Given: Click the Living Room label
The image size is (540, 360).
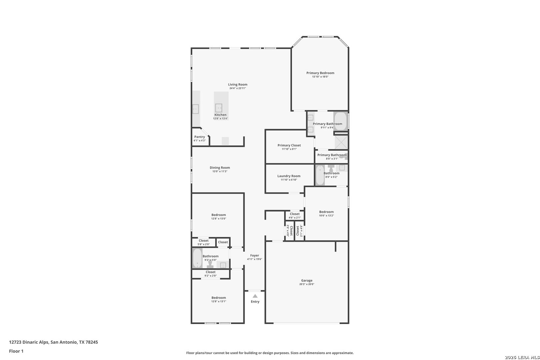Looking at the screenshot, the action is (238, 84).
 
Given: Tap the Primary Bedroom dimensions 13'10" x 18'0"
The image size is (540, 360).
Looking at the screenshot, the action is (320, 77).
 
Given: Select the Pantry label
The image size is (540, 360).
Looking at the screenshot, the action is (200, 137).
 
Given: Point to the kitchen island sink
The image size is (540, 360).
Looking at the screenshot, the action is (219, 108).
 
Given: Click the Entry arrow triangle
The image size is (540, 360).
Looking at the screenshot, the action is (255, 296).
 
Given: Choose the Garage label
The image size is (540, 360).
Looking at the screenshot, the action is (307, 280).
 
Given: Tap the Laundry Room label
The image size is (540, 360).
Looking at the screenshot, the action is (289, 176).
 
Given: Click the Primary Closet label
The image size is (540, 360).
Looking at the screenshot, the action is (289, 145).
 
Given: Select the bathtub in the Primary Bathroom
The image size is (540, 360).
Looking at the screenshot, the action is (341, 121).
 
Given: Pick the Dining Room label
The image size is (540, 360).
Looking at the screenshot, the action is (220, 168).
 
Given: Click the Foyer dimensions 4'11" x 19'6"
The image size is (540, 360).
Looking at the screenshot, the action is (255, 259).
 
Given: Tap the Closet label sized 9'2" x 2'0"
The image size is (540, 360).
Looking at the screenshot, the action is (210, 272).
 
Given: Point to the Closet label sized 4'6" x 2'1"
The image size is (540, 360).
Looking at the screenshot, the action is (295, 214).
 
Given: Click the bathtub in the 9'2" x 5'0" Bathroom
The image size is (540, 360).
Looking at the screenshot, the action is (197, 258).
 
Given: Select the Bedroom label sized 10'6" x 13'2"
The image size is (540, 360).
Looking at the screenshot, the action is (326, 212).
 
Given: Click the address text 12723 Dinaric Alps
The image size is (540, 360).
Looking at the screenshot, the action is (29, 342).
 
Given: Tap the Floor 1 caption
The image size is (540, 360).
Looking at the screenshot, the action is (16, 351).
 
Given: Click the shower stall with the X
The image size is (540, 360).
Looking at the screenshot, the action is (341, 142).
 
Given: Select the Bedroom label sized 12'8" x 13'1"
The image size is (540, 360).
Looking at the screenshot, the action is (219, 298).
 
